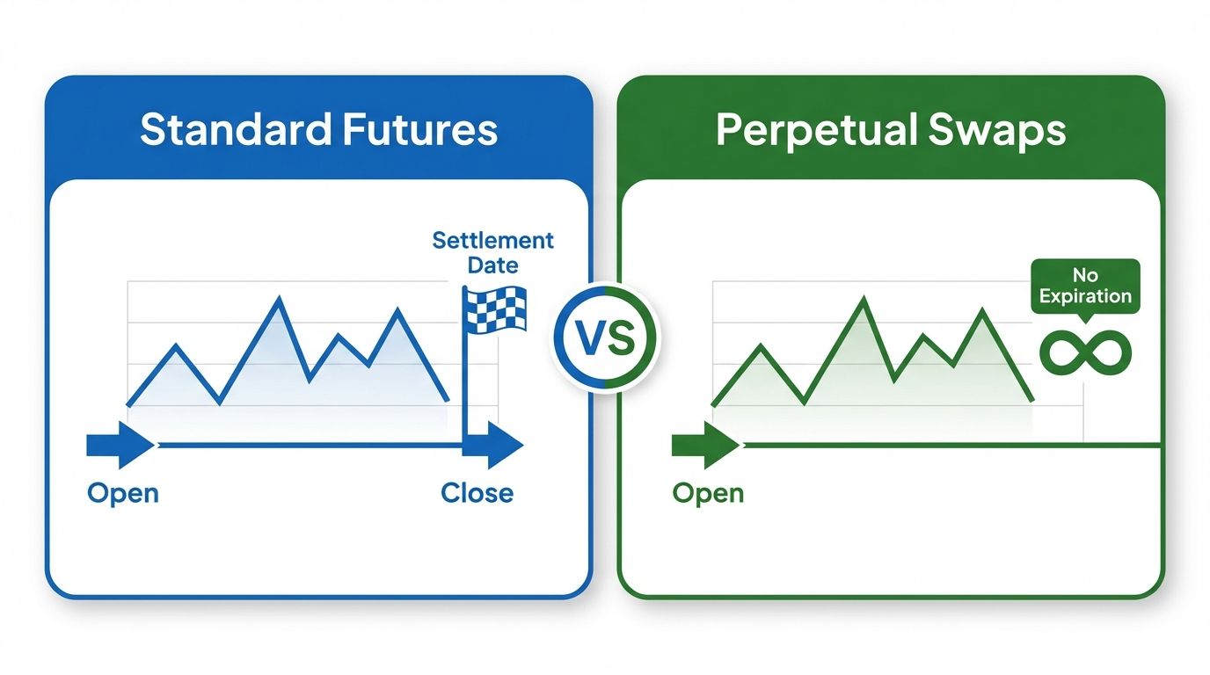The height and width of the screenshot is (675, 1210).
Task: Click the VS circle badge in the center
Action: (605, 338)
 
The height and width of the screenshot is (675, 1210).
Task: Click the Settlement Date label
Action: (493, 252)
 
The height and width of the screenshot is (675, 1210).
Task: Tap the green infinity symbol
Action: (1084, 352)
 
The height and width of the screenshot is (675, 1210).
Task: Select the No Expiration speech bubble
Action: (1084, 286)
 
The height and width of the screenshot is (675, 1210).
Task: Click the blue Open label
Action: (123, 493)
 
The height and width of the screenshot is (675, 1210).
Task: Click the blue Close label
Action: (477, 493)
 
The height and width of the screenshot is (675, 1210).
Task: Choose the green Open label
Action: (708, 493)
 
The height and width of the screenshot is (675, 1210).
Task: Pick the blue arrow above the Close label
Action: (494, 446)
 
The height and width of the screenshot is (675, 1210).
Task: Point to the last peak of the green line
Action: (980, 311)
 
